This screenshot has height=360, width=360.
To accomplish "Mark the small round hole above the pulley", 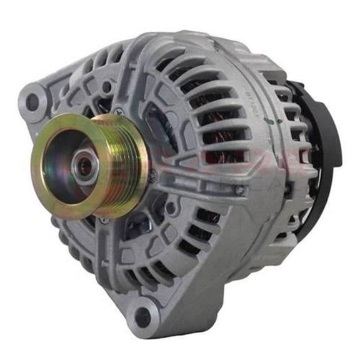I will (107, 87).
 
